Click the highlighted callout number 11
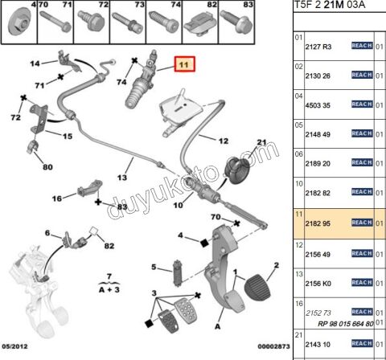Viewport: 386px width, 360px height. pos(184,64)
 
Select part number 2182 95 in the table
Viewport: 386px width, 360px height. pos(318,223)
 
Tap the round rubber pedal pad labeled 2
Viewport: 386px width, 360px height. pos(257,288)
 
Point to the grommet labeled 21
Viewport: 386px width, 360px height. pos(237,170)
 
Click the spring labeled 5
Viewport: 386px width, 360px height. pos(178,272)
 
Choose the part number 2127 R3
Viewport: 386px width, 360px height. pos(318,47)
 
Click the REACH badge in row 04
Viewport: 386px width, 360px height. pos(362,104)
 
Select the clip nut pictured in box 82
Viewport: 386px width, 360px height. pos(200,27)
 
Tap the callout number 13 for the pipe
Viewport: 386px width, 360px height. pos(122,178)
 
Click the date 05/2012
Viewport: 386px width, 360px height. pos(15,346)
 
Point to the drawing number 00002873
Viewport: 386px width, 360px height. pos(273,346)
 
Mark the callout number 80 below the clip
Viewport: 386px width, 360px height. pos(47,167)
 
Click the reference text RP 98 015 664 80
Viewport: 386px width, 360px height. pos(346,324)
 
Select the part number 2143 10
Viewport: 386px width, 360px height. pos(318,345)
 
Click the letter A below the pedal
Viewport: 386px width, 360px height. pos(218,326)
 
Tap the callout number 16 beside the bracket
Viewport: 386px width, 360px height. pos(57,198)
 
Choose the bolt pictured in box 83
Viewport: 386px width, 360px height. pos(236,22)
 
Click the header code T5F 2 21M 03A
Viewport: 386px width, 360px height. pos(330,5)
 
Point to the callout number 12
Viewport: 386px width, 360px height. pos(224,141)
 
